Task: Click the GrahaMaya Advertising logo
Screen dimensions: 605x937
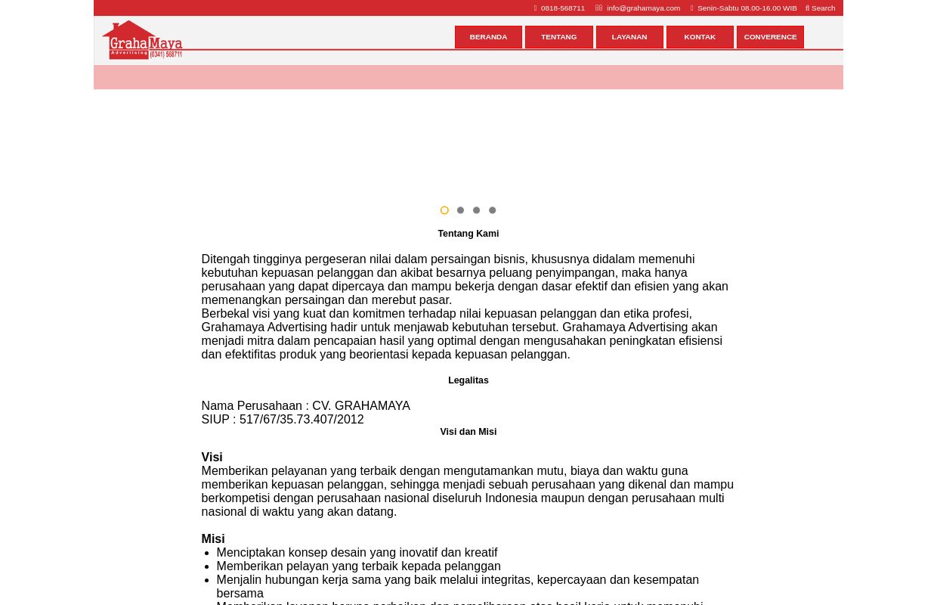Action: pyautogui.click(x=142, y=40)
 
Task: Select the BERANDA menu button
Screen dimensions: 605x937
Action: pyautogui.click(x=488, y=37)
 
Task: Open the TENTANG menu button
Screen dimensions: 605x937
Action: pyautogui.click(x=558, y=37)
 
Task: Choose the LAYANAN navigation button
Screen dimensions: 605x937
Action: pyautogui.click(x=629, y=37)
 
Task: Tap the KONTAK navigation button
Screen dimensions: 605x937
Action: pyautogui.click(x=700, y=37)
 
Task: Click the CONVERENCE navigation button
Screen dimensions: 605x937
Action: pyautogui.click(x=770, y=37)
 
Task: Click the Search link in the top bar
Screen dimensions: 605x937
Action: pyautogui.click(x=822, y=8)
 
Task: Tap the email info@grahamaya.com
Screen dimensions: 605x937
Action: pyautogui.click(x=643, y=8)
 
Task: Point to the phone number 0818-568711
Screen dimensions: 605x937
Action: pyautogui.click(x=562, y=8)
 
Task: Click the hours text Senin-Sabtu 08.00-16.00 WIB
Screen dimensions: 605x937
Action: pyautogui.click(x=747, y=8)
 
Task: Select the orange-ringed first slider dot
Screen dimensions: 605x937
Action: pyautogui.click(x=444, y=210)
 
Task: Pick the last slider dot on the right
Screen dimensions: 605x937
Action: pyautogui.click(x=492, y=210)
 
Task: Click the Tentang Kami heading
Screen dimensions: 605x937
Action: pyautogui.click(x=468, y=234)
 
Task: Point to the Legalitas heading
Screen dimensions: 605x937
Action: pyautogui.click(x=468, y=380)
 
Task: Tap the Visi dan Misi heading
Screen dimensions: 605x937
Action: pyautogui.click(x=468, y=432)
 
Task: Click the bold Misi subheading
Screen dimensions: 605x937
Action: pyautogui.click(x=212, y=538)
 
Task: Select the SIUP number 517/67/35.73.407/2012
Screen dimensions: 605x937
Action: pyautogui.click(x=302, y=419)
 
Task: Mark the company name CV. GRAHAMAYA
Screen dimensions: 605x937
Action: pyautogui.click(x=361, y=405)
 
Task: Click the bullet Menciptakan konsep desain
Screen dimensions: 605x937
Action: pyautogui.click(x=357, y=552)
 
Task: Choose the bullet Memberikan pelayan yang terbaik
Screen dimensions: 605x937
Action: pyautogui.click(x=358, y=566)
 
